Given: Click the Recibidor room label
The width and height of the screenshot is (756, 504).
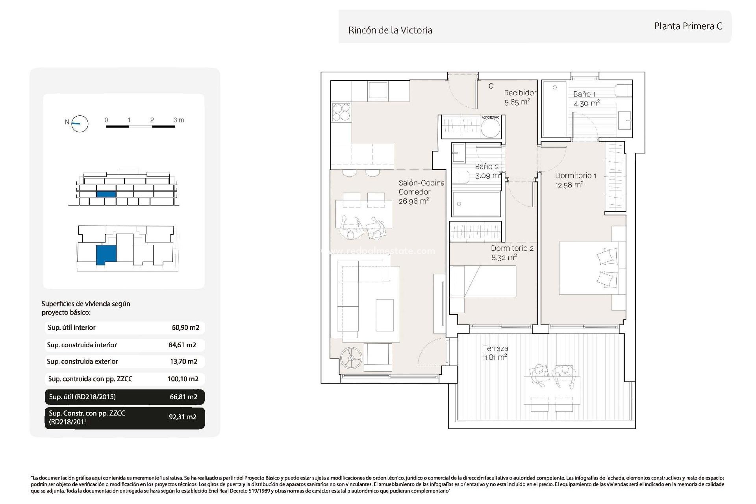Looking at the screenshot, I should pos(520,93).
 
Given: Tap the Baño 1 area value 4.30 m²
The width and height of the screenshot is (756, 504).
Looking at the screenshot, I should pos(586,104).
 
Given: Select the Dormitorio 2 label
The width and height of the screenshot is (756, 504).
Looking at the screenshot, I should pos(512,248).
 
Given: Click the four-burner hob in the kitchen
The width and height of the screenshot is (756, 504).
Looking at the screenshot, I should pos(341,111).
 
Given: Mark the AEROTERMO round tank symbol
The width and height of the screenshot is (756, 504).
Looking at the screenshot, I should pos(491,128).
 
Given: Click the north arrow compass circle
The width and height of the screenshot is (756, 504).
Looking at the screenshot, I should pos(80,124).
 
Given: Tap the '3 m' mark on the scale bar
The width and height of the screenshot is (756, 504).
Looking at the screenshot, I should pos(178,120).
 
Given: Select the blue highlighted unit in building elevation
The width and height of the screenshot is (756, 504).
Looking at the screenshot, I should pos(106,194).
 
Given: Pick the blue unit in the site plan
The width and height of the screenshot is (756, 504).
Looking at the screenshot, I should pos(106,254).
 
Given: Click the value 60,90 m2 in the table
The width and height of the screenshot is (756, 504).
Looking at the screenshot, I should pos(185,328).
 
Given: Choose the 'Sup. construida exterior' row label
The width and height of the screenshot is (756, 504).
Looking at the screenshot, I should pos(82,361).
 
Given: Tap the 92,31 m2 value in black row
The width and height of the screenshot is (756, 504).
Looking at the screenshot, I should pos(183,417).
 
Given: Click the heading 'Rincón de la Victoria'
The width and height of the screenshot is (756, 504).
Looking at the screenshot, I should pos(390,30).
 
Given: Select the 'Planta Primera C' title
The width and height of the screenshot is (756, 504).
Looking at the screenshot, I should pos(688,26).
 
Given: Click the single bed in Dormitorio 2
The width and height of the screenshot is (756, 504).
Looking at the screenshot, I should pos(484,281).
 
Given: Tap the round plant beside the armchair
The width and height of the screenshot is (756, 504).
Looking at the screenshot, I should pos(351,358).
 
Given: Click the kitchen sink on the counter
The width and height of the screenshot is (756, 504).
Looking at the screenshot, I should pos(378,90).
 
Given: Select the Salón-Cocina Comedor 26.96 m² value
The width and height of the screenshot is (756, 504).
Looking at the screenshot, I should pos(413,201).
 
